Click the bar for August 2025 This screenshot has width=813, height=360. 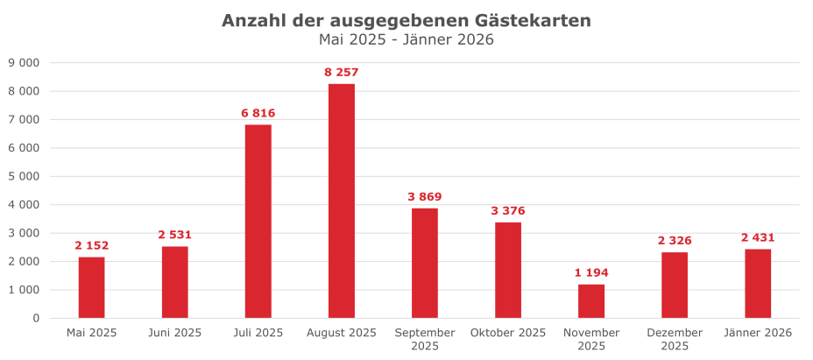(x=342, y=201)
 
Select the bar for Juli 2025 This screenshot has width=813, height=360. (x=258, y=221)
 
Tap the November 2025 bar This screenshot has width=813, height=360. (x=591, y=300)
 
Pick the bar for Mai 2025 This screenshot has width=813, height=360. (x=91, y=287)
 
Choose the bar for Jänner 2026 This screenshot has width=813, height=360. (x=758, y=283)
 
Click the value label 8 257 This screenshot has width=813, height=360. (x=342, y=72)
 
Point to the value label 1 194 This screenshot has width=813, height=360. (x=591, y=272)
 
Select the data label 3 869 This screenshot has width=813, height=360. (x=425, y=196)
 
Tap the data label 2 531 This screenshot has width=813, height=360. (x=174, y=235)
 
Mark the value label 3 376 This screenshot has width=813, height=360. (x=508, y=210)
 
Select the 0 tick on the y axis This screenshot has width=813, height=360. (x=36, y=318)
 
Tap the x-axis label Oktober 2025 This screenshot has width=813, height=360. (x=508, y=333)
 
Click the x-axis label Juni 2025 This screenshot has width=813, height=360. (x=174, y=333)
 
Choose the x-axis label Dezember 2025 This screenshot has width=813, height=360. (x=675, y=339)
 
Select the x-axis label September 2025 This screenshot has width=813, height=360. (x=425, y=339)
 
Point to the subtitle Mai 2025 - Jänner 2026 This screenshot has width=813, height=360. (x=406, y=39)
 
